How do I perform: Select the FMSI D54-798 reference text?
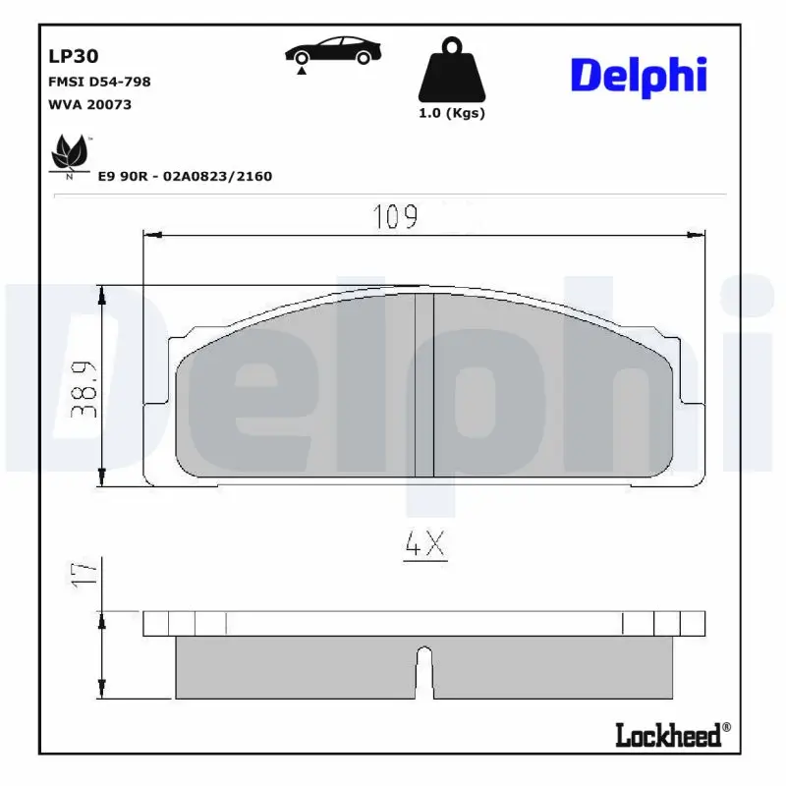pyautogui.click(x=99, y=82)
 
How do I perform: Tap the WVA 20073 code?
pyautogui.click(x=89, y=104)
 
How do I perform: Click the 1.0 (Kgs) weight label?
pyautogui.click(x=452, y=113)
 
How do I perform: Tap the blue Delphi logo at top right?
pyautogui.click(x=639, y=76)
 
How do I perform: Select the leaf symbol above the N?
pyautogui.click(x=69, y=152)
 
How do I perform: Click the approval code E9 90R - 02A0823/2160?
pyautogui.click(x=185, y=176)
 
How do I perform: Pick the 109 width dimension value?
pyautogui.click(x=396, y=217)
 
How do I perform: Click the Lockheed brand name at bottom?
pyautogui.click(x=668, y=734)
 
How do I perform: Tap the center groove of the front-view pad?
pyautogui.click(x=423, y=385)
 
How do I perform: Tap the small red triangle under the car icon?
pyautogui.click(x=303, y=70)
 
